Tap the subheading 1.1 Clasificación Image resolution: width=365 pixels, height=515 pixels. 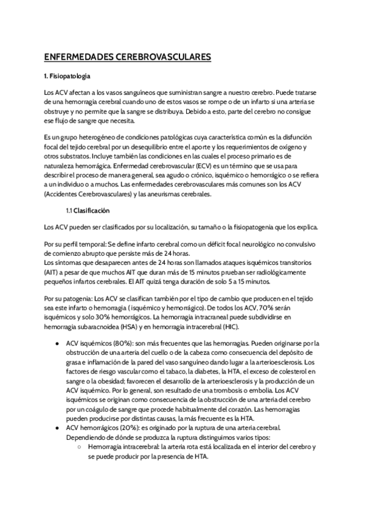(88, 210)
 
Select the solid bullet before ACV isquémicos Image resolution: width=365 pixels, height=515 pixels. (57, 343)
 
